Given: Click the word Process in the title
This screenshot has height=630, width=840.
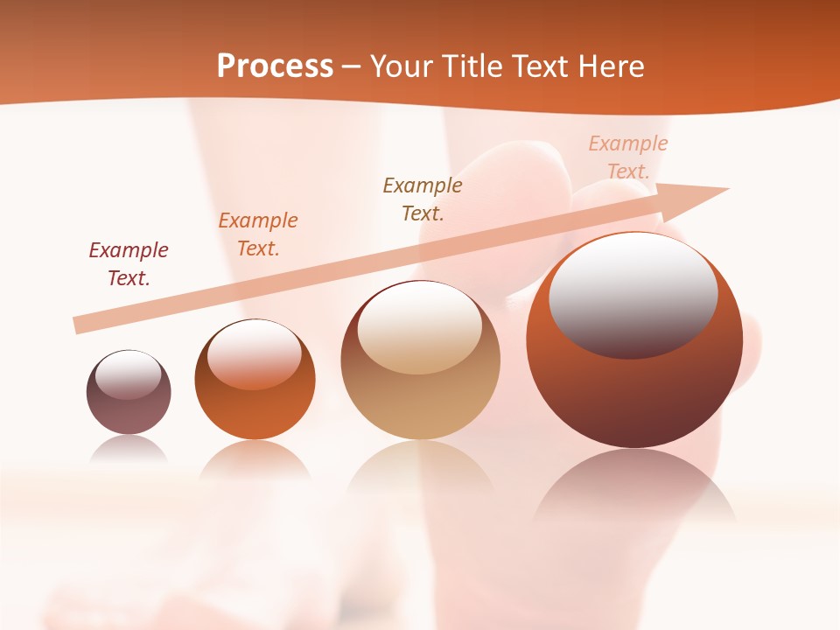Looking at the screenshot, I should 275,66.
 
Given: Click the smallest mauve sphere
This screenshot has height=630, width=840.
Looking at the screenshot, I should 129,411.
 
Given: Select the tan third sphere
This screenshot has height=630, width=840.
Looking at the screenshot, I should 420,402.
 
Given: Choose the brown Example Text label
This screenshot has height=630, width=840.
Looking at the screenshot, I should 423,199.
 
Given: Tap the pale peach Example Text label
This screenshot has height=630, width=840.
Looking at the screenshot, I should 628,157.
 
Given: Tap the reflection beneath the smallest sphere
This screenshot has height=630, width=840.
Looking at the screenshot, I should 129,448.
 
